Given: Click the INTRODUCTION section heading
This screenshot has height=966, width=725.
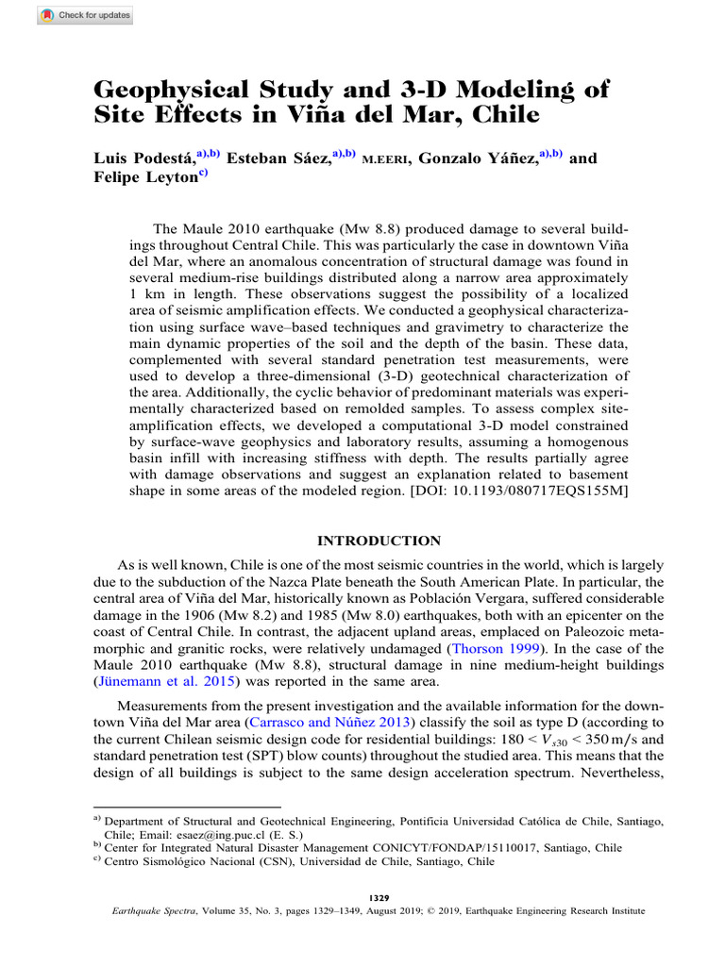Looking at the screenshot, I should tap(378, 541).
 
